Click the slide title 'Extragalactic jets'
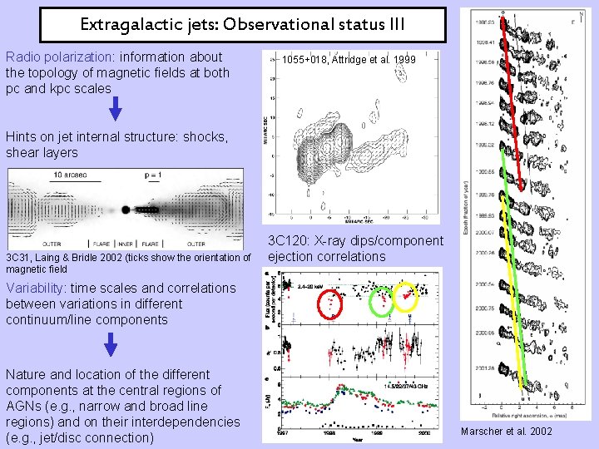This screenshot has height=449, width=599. point(241,24)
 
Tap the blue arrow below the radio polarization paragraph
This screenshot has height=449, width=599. point(116,108)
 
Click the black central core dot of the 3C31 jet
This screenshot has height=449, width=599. point(125,210)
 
